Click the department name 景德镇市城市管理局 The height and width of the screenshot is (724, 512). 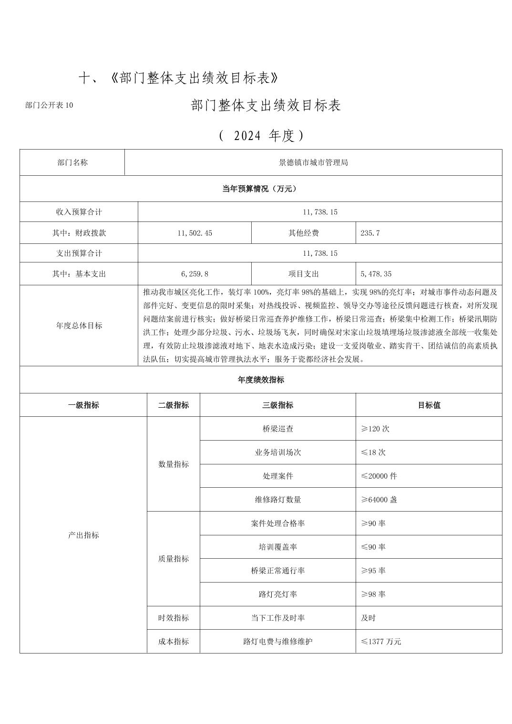(313, 162)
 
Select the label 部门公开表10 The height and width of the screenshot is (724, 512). (49, 105)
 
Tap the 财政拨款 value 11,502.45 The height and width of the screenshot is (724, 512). (195, 233)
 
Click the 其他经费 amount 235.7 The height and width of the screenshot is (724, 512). (370, 233)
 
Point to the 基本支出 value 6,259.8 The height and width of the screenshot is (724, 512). (195, 274)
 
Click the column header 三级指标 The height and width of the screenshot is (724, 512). (277, 405)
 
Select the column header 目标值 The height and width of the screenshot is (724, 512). (429, 405)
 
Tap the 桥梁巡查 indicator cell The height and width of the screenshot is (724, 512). (277, 429)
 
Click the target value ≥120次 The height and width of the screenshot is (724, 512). (375, 429)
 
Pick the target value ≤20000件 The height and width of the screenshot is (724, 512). (379, 476)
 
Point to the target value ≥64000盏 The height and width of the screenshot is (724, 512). (379, 500)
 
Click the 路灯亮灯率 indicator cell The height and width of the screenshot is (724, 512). (277, 594)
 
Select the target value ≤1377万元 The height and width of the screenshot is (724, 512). (381, 642)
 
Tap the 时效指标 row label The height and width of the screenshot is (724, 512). (173, 618)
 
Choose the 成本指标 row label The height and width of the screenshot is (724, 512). (173, 642)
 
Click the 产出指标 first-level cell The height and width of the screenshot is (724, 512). (83, 535)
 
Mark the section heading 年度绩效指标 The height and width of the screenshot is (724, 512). (261, 380)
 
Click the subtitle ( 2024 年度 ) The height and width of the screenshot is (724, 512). (261, 136)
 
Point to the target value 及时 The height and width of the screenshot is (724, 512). (368, 618)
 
